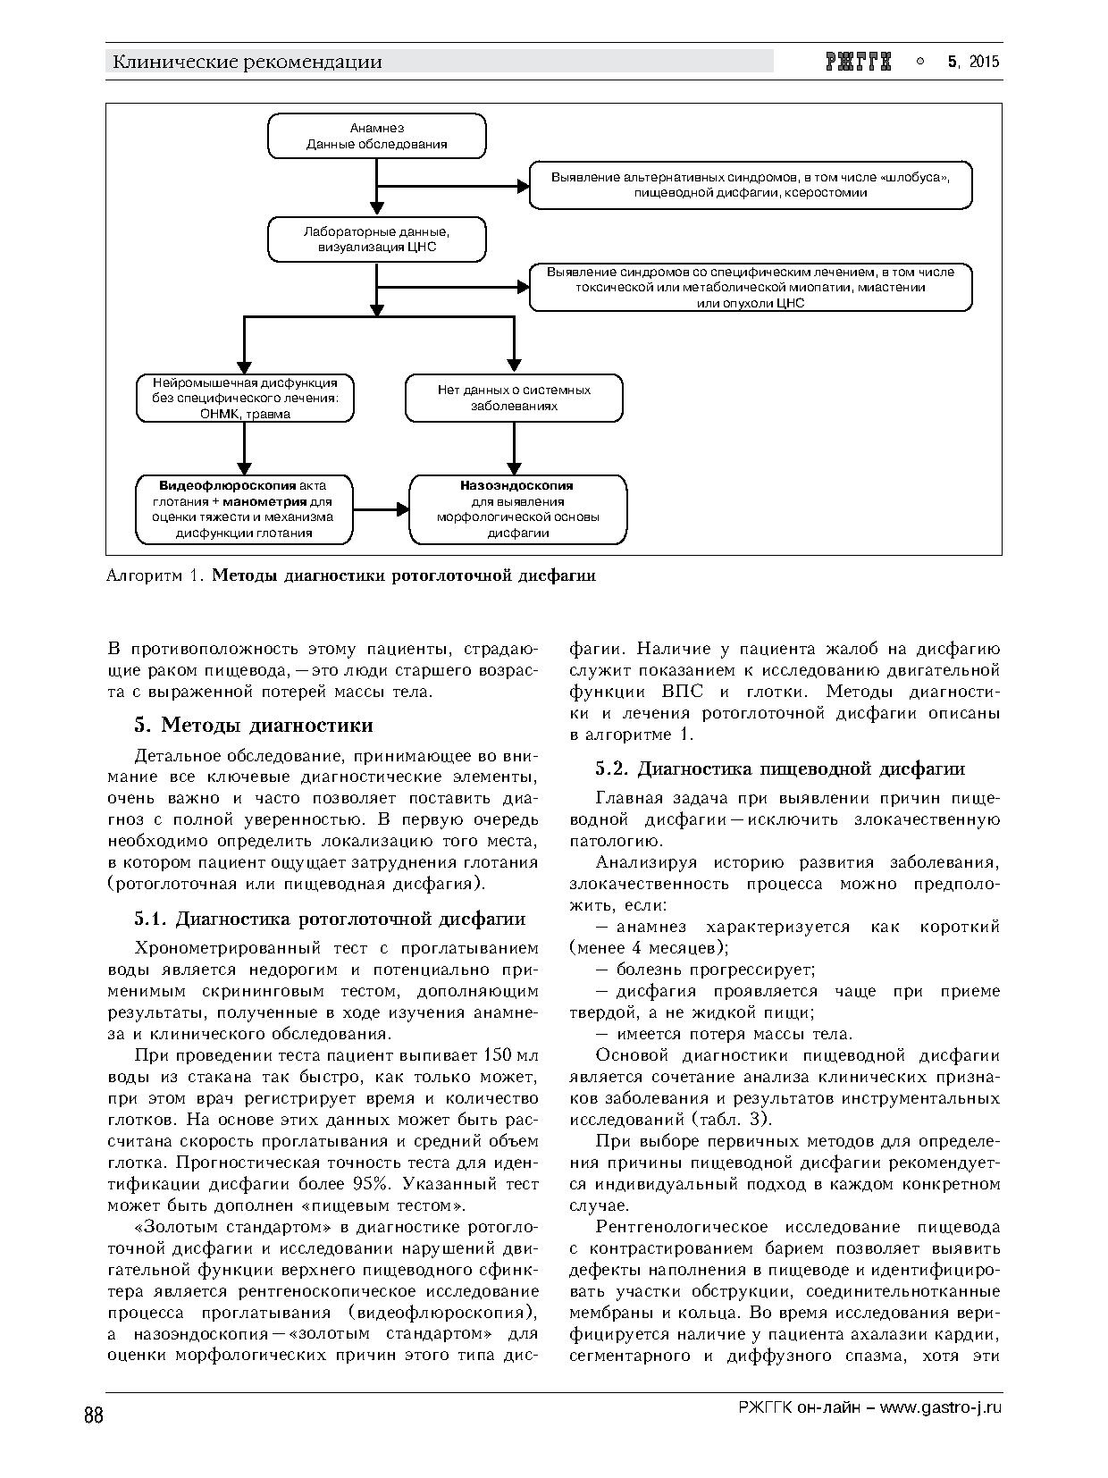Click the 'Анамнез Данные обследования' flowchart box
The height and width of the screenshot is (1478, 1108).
377,136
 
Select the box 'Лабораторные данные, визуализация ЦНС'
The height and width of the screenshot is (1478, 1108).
377,239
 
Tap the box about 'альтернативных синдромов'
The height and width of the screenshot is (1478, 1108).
750,185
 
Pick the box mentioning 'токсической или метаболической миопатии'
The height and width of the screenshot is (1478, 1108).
750,288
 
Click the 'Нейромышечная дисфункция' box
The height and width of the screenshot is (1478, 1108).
245,398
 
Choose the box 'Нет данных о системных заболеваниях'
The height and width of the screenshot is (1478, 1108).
514,398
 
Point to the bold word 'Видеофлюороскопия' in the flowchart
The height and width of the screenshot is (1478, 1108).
228,485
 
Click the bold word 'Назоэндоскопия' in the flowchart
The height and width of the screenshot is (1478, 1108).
517,485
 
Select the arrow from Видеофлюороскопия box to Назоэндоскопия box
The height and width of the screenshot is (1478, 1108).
382,509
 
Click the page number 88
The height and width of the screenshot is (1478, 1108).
94,1416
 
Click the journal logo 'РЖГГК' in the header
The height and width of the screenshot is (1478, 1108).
859,62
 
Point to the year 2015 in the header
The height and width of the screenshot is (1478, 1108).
984,62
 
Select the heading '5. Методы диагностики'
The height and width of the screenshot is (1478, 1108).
254,725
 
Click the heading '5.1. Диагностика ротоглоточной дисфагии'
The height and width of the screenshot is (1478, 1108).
330,919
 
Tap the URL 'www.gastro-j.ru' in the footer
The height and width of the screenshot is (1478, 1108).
941,1407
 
